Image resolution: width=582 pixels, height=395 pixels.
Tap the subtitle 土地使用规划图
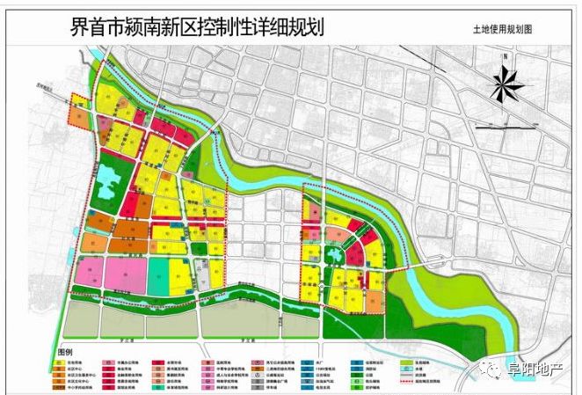pyautogui.click(x=502, y=29)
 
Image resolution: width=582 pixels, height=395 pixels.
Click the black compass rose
pyautogui.click(x=506, y=84)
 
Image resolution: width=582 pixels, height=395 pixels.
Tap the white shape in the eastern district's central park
pyautogui.click(x=335, y=256)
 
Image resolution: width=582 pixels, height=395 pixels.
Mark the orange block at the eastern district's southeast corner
pyautogui.click(x=375, y=302)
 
